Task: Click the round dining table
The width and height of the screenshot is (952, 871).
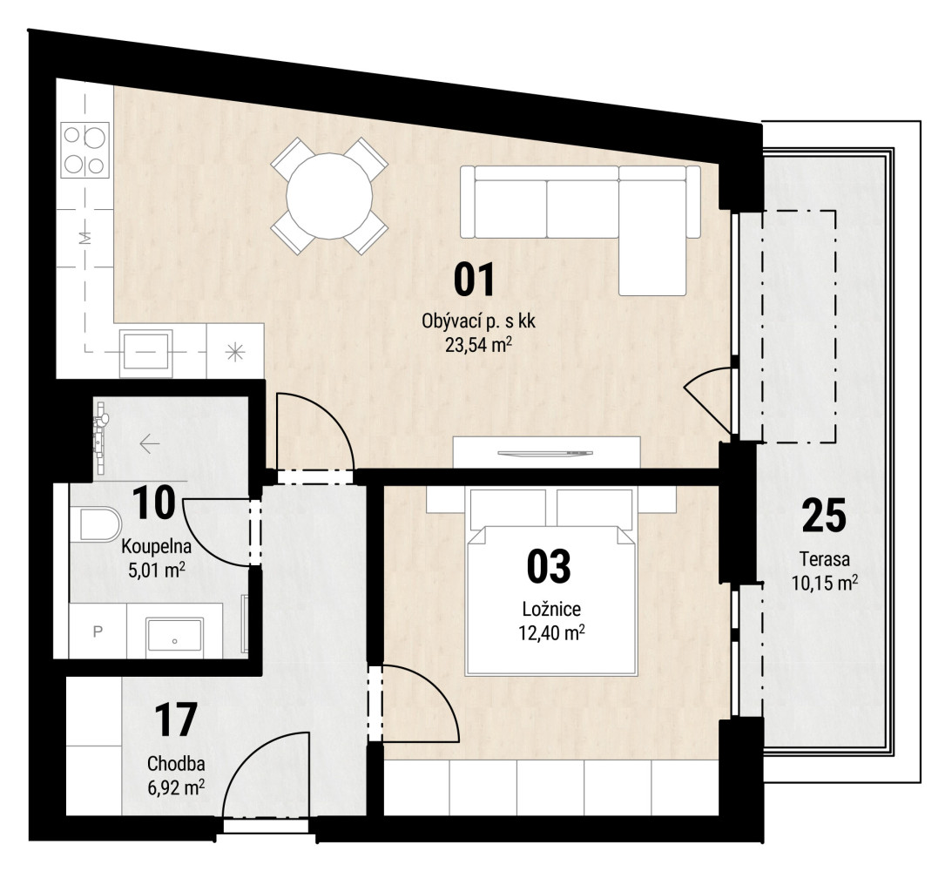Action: [329, 196]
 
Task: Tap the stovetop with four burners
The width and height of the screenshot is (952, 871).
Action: [85, 149]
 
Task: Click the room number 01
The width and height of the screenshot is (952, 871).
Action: [475, 280]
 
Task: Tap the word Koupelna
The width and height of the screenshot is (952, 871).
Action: [157, 546]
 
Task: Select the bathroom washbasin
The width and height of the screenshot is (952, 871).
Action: [175, 635]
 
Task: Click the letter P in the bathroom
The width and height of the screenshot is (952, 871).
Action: [98, 631]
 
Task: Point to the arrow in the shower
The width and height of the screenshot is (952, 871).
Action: [149, 444]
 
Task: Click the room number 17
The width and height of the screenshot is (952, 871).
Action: [175, 719]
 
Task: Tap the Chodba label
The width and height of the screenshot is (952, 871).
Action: [176, 763]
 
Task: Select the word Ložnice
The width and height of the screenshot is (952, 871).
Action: [551, 609]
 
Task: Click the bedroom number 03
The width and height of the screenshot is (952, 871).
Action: [549, 565]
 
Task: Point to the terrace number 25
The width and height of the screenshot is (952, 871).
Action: [824, 516]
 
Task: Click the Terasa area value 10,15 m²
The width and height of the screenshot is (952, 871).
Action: [825, 583]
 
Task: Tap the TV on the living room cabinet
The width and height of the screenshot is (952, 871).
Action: [544, 453]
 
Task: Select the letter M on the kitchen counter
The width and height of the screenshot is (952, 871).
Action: [85, 238]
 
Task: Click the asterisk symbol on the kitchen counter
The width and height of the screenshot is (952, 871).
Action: [235, 352]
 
